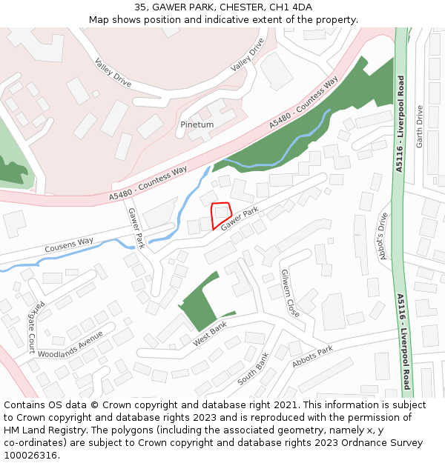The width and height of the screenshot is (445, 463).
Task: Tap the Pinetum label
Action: coord(197,125)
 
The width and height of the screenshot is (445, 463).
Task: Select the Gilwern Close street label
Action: coord(290,293)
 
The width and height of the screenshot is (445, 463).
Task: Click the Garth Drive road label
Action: coord(420,127)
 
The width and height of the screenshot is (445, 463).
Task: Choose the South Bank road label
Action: coord(253,369)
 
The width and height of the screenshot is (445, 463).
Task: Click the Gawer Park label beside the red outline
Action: coord(240,218)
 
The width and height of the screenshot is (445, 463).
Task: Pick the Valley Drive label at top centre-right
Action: coord(247,55)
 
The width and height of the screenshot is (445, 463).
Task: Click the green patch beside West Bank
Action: coord(198,304)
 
